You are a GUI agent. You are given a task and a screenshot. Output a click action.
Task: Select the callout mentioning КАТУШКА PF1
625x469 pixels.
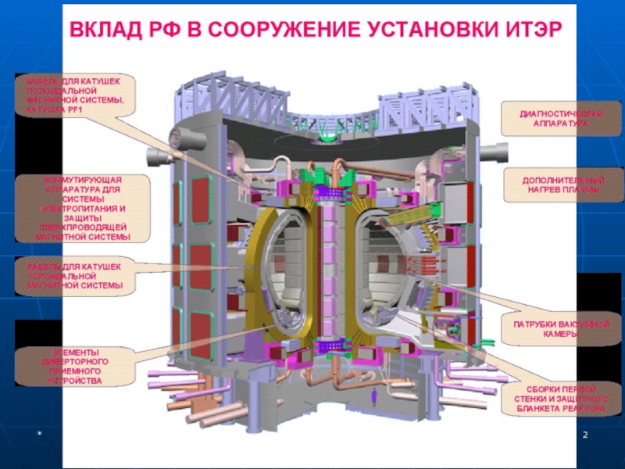point(76,95)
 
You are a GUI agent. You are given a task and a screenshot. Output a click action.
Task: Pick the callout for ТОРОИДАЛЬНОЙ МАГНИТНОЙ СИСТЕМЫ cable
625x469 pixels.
point(76,276)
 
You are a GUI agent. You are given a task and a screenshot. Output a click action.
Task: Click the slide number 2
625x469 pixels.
point(584,434)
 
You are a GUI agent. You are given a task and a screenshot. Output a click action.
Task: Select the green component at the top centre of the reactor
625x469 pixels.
point(326,143)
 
